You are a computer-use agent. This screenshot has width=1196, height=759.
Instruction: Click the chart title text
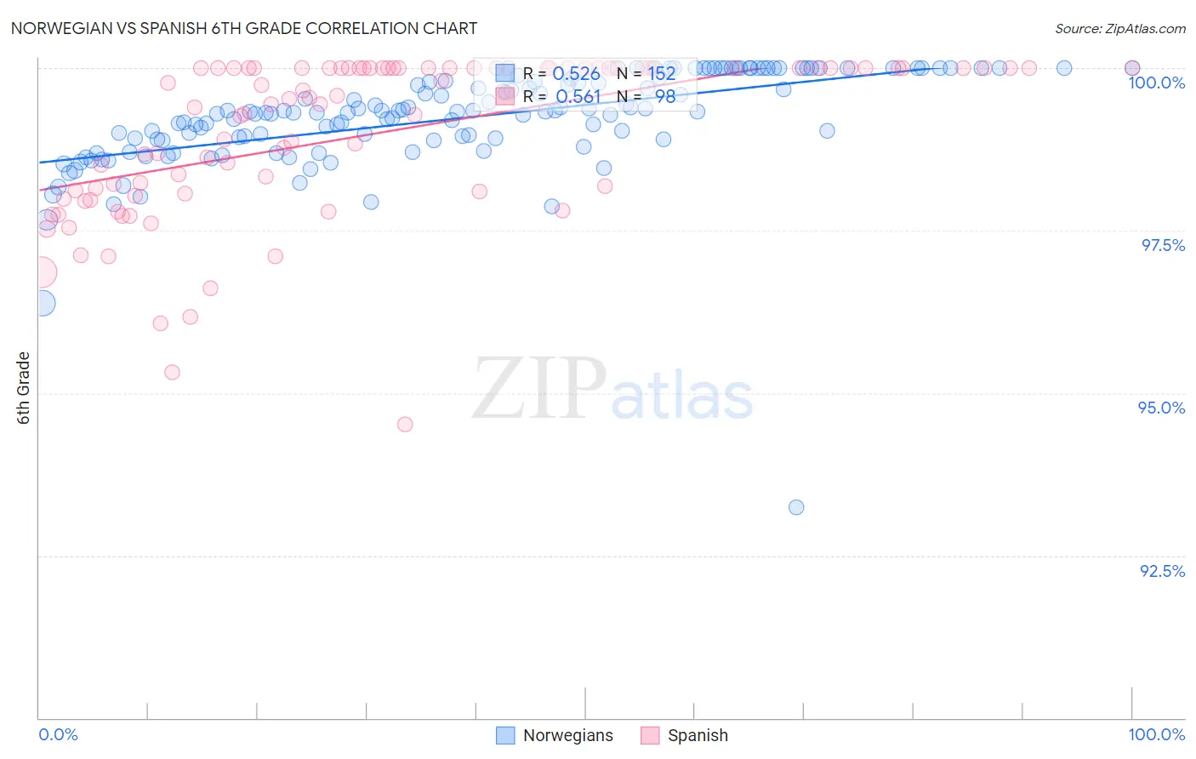point(243,28)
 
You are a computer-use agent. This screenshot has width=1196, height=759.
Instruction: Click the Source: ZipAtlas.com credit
point(1119,28)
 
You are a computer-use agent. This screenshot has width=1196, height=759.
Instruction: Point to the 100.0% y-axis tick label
point(1156,83)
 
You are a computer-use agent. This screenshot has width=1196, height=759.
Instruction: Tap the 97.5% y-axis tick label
point(1162,245)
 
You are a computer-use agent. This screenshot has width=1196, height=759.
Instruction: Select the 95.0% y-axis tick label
point(1161,408)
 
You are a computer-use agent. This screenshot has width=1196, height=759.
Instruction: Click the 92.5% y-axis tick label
point(1162,571)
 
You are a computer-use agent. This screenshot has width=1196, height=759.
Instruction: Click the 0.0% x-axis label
point(58,734)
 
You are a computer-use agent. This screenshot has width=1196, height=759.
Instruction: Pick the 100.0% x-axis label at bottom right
point(1156,734)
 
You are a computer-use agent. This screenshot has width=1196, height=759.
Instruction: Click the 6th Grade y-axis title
point(24,387)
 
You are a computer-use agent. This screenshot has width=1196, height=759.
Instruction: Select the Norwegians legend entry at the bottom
point(555,735)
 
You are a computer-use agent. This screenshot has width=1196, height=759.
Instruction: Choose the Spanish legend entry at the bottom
point(685,735)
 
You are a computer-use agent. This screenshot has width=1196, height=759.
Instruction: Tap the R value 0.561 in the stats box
point(578,97)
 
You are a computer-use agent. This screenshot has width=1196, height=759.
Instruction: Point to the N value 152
point(661,74)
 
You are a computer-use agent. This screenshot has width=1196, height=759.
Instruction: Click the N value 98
point(664,97)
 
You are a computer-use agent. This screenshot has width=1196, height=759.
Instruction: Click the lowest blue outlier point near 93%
point(796,507)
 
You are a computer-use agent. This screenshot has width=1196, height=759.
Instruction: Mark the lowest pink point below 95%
point(405,424)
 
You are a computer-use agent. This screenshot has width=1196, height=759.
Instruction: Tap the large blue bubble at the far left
point(42,302)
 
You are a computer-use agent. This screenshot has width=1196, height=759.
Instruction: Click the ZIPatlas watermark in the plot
point(612,389)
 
